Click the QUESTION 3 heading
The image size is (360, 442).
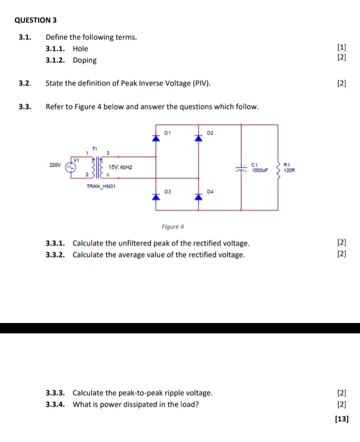[x=35, y=20]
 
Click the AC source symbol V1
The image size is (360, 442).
[x=71, y=167]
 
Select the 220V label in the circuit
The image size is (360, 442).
[x=55, y=164]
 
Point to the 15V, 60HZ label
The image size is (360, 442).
[x=121, y=167]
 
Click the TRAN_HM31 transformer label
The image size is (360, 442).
[x=101, y=186]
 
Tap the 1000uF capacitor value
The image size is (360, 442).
[x=260, y=170]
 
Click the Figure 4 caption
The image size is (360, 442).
[x=172, y=226]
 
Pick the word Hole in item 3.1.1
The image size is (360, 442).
[x=80, y=48]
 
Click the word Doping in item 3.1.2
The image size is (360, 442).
[x=84, y=60]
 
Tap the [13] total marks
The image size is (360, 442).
[x=341, y=419]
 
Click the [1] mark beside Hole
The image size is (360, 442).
[x=341, y=48]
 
